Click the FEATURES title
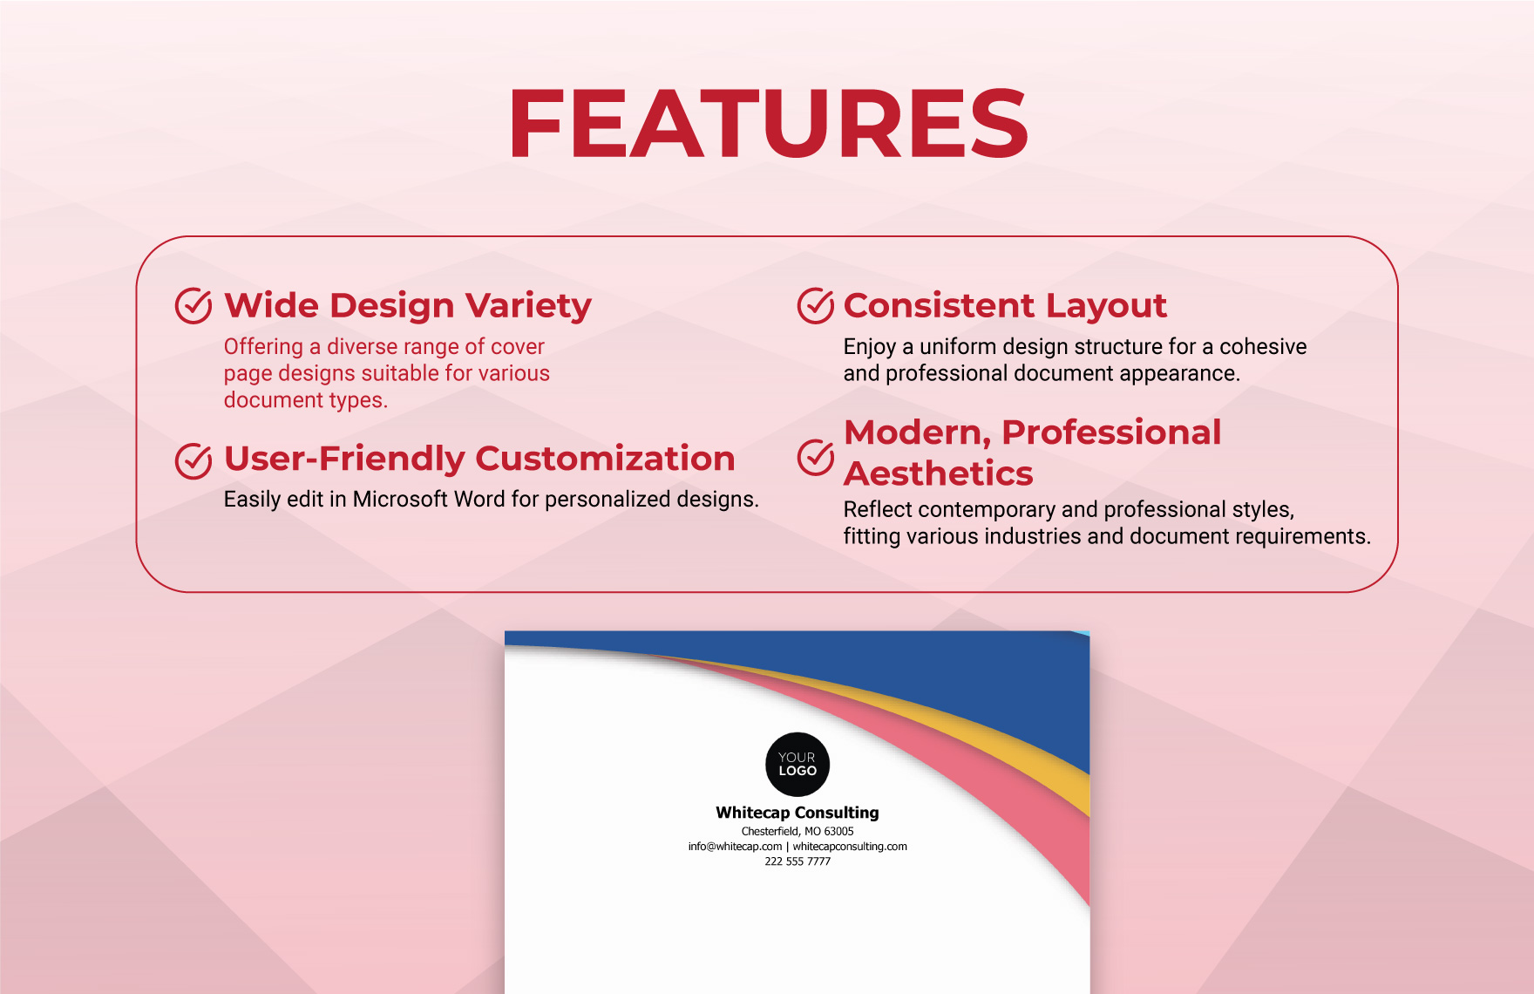[768, 125]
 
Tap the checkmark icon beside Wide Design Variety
[193, 306]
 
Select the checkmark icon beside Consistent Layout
[816, 306]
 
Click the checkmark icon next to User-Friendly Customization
[193, 460]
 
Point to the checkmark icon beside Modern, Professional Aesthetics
[816, 457]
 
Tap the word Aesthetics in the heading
[938, 473]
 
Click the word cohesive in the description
[1263, 346]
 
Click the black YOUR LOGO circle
[798, 764]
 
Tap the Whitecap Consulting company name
[798, 813]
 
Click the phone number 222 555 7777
[798, 861]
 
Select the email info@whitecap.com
[735, 847]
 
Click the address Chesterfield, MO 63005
[798, 832]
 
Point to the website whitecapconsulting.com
[850, 847]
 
